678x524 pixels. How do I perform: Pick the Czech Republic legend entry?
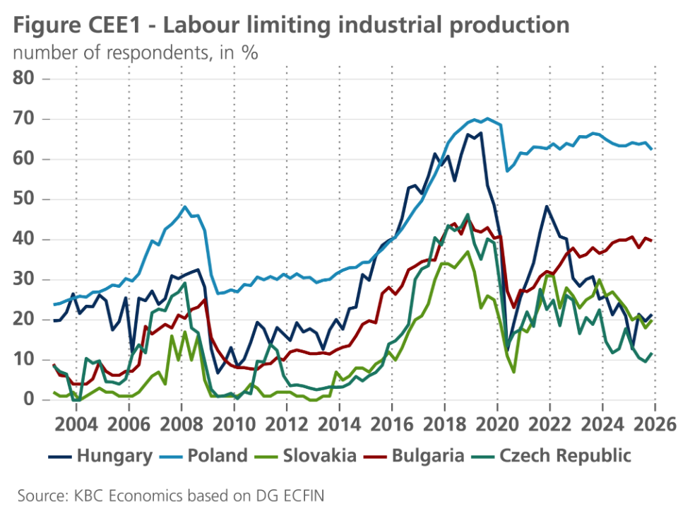[x=564, y=455]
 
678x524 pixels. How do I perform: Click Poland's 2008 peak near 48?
[x=185, y=206]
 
